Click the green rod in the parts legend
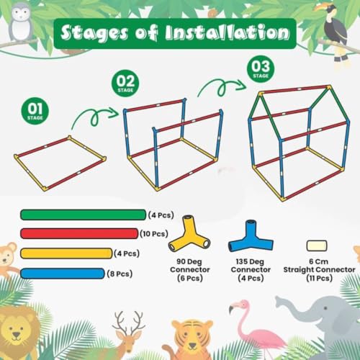point(83,215)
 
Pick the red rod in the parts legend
point(78,233)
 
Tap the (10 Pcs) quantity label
point(155,233)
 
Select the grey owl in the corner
point(22,18)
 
